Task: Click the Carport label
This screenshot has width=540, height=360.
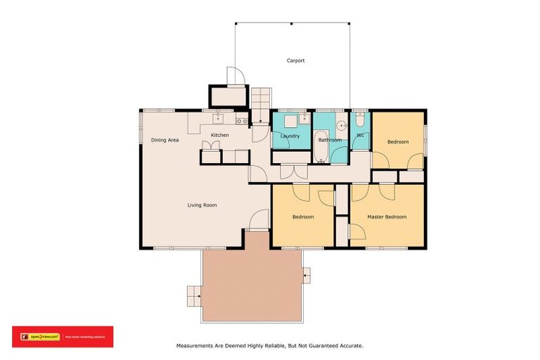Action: click(295, 60)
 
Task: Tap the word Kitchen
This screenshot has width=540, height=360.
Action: click(220, 135)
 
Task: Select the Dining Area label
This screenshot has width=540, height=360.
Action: click(165, 140)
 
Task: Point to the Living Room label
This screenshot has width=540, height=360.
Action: click(202, 205)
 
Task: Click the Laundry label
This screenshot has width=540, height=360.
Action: click(290, 136)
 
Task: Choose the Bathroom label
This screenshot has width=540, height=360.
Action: click(329, 140)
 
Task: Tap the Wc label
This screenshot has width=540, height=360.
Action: click(360, 135)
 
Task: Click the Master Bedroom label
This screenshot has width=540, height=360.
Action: click(387, 217)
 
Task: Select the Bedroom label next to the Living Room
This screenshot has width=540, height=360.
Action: click(303, 217)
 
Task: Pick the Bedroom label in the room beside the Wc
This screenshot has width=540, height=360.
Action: click(398, 142)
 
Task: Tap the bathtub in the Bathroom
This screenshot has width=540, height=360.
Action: click(321, 146)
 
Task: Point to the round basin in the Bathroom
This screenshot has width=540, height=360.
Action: click(340, 126)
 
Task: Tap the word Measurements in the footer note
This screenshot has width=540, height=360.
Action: click(194, 346)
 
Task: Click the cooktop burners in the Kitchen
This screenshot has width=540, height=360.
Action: click(240, 121)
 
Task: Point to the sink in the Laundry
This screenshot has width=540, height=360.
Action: click(300, 119)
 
